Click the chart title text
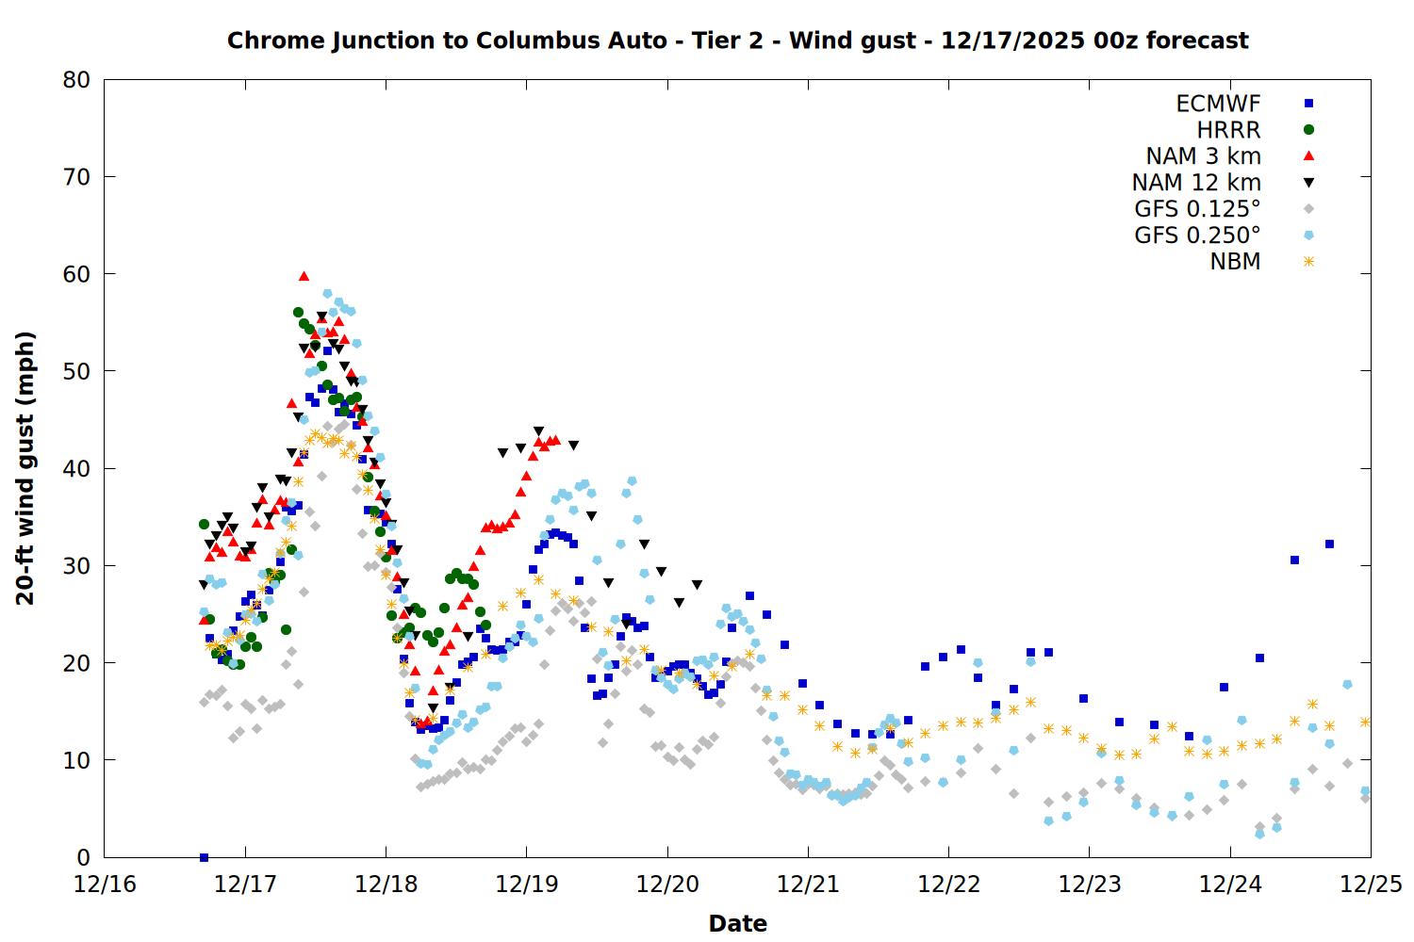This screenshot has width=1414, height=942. tap(737, 41)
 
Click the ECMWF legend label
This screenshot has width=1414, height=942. tap(1218, 104)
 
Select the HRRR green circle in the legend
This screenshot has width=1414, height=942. tap(1308, 130)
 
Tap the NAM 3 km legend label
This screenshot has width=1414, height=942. tap(1203, 156)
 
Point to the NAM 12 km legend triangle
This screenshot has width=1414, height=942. tap(1308, 183)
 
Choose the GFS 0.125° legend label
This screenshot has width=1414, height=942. tap(1197, 209)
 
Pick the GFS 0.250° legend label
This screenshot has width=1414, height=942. tap(1197, 235)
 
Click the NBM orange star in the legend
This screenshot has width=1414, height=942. tap(1308, 262)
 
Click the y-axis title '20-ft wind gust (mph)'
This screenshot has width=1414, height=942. tap(25, 468)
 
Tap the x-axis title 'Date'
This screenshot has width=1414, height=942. tap(737, 923)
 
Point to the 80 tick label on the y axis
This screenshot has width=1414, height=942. tap(76, 80)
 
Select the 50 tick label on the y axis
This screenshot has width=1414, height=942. tap(76, 371)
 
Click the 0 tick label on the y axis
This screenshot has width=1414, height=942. tap(84, 857)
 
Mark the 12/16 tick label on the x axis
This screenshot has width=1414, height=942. tap(105, 885)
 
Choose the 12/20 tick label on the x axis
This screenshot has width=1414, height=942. tap(667, 885)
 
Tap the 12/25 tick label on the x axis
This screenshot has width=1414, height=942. tap(1371, 885)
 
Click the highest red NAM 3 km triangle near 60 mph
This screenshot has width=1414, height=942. tap(304, 276)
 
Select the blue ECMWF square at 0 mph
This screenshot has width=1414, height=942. tap(204, 857)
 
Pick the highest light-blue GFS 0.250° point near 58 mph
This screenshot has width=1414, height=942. tap(327, 294)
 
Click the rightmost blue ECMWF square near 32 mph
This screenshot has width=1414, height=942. tap(1329, 544)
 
